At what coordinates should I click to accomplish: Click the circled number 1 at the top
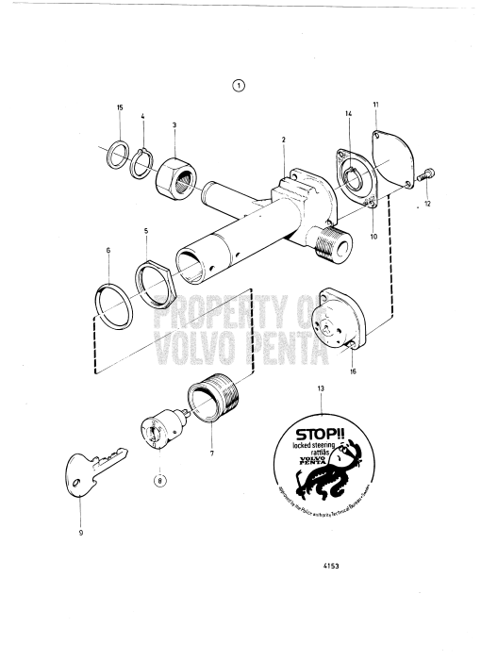pos(239,85)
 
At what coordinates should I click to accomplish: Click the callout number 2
pos(282,140)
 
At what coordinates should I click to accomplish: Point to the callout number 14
pos(348,114)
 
